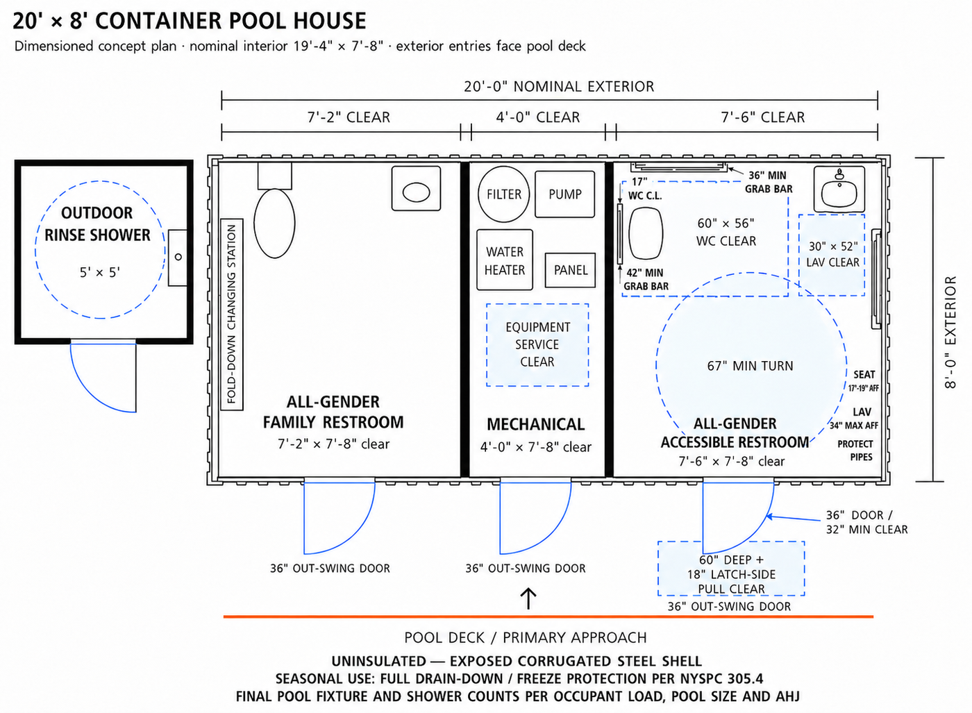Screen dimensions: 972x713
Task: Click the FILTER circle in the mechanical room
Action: (504, 194)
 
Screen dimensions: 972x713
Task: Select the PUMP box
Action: (564, 194)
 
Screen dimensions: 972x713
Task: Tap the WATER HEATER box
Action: (505, 260)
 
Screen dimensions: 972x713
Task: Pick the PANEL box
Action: (570, 270)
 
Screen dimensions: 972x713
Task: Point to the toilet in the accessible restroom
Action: (646, 233)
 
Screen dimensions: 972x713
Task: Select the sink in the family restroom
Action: (416, 188)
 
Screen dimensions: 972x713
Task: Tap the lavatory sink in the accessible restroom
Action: (839, 190)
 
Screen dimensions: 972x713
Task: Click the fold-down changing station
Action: (232, 314)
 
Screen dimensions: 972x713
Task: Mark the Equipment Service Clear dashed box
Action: (537, 345)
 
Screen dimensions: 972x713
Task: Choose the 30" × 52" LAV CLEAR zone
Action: (832, 255)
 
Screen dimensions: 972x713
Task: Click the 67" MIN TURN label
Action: (750, 366)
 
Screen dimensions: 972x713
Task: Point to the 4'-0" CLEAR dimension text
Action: (537, 117)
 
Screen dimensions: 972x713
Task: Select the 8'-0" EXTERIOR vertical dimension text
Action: (950, 332)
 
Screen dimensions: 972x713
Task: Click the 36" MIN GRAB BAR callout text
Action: (769, 182)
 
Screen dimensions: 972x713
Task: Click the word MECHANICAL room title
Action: (535, 424)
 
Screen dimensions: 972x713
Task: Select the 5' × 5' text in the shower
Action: (99, 273)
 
